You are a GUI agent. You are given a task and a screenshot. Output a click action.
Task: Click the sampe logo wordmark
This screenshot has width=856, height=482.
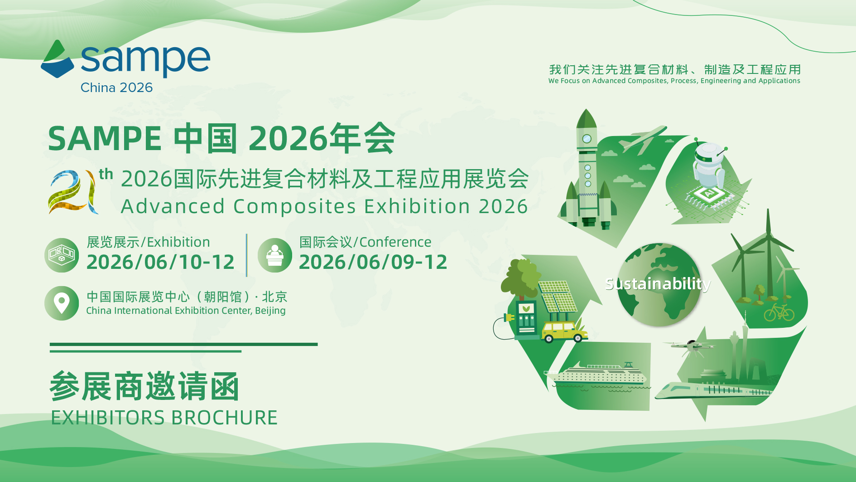pyautogui.click(x=145, y=60)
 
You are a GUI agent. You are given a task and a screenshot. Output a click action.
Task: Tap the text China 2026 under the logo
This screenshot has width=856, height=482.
pyautogui.click(x=116, y=88)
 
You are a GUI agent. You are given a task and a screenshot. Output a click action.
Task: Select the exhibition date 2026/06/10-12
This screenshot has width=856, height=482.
pyautogui.click(x=160, y=262)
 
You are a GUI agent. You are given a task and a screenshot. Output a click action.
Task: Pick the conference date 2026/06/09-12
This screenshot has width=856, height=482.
pyautogui.click(x=373, y=262)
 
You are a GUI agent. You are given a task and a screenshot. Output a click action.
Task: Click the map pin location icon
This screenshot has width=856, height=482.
pyautogui.click(x=62, y=303)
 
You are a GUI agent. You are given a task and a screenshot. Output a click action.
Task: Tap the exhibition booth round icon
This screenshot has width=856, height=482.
pyautogui.click(x=62, y=255)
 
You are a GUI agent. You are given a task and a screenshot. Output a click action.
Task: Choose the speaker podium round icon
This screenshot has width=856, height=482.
pyautogui.click(x=274, y=255)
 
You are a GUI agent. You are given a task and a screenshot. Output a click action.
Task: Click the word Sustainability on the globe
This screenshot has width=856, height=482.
pyautogui.click(x=658, y=284)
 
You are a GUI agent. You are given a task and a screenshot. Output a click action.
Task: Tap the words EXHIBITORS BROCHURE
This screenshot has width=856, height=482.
pyautogui.click(x=164, y=418)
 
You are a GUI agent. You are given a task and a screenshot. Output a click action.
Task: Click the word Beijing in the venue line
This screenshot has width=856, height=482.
pyautogui.click(x=270, y=311)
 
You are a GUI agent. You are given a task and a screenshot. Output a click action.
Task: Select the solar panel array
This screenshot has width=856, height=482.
pyautogui.click(x=558, y=297)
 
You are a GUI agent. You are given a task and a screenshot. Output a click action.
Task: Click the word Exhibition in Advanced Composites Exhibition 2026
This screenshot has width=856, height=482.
pyautogui.click(x=417, y=206)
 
